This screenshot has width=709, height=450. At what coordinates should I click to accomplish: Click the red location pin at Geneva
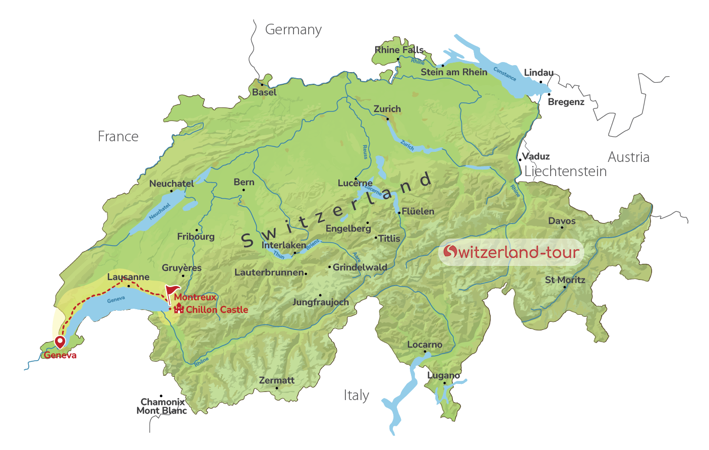pyautogui.click(x=60, y=342)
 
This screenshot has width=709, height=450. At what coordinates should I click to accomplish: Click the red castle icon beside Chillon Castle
pyautogui.click(x=179, y=309)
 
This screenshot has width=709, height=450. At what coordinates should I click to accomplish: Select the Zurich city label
pyautogui.click(x=387, y=109)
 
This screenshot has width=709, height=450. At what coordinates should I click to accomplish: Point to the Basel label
pyautogui.click(x=264, y=92)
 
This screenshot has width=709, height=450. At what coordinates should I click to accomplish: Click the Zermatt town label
pyautogui.click(x=276, y=380)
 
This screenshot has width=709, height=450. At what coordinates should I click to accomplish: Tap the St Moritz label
pyautogui.click(x=565, y=280)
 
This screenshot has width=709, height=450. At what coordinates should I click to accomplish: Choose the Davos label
pyautogui.click(x=562, y=221)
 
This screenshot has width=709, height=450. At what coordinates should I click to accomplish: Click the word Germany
pyautogui.click(x=293, y=30)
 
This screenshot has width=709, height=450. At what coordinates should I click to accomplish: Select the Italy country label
pyautogui.click(x=356, y=396)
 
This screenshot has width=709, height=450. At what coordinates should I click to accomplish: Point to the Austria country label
pyautogui.click(x=628, y=157)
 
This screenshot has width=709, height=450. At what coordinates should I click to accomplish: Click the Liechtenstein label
pyautogui.click(x=565, y=172)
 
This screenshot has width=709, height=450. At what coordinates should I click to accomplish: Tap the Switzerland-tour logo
pyautogui.click(x=511, y=252)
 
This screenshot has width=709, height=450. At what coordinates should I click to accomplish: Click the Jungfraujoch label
pyautogui.click(x=321, y=302)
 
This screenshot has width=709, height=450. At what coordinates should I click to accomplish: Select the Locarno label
pyautogui.click(x=425, y=345)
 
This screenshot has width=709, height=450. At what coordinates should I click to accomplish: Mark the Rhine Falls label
pyautogui.click(x=399, y=50)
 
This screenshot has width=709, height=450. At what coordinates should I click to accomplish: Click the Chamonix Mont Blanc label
pyautogui.click(x=162, y=406)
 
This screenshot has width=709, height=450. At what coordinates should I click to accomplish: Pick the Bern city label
pyautogui.click(x=244, y=182)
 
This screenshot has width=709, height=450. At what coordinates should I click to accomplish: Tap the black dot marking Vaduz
pyautogui.click(x=520, y=160)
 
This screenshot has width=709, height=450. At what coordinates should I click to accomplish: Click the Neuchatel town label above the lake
pyautogui.click(x=171, y=184)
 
